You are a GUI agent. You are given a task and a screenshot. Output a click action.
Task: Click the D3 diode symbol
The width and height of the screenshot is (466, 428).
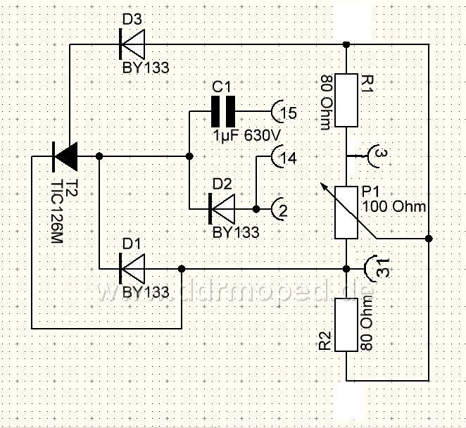tap(132, 44)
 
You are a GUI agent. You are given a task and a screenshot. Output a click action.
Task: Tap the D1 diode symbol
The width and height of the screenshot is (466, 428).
tap(132, 269)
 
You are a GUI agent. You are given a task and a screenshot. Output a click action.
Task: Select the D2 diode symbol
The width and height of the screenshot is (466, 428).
tap(222, 209)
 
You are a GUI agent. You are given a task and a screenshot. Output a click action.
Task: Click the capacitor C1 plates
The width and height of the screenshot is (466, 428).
tap(223, 111)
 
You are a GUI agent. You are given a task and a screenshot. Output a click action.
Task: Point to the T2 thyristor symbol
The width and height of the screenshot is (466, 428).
tap(65, 156)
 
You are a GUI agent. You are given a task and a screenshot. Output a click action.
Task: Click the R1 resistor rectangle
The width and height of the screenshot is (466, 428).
tap(346, 100)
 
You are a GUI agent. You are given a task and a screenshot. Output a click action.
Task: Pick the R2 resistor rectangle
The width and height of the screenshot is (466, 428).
tap(346, 325)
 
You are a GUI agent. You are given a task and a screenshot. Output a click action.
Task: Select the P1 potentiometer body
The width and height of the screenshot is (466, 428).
tap(346, 213)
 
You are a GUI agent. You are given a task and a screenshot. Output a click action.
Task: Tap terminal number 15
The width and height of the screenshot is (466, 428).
tap(289, 113)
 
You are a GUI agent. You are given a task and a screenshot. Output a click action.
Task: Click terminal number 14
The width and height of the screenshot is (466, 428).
tap(289, 158)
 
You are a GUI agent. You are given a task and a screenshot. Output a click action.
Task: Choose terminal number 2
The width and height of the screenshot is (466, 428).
tap(283, 210)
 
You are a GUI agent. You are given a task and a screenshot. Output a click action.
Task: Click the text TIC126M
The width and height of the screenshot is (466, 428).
tap(57, 212)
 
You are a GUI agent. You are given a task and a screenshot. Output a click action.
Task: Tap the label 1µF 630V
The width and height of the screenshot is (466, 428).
tap(246, 136)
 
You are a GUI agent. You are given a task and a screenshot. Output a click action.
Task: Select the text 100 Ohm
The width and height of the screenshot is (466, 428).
tap(394, 206)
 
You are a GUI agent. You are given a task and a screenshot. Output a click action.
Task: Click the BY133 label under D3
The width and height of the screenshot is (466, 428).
tap(146, 68)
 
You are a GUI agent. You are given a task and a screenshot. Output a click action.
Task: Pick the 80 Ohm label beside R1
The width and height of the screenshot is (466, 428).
tap(326, 103)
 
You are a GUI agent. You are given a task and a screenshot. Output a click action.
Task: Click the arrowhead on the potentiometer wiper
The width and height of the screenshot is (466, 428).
tap(324, 187)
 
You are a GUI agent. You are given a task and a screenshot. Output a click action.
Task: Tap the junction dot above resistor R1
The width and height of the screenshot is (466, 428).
tap(346, 44)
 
